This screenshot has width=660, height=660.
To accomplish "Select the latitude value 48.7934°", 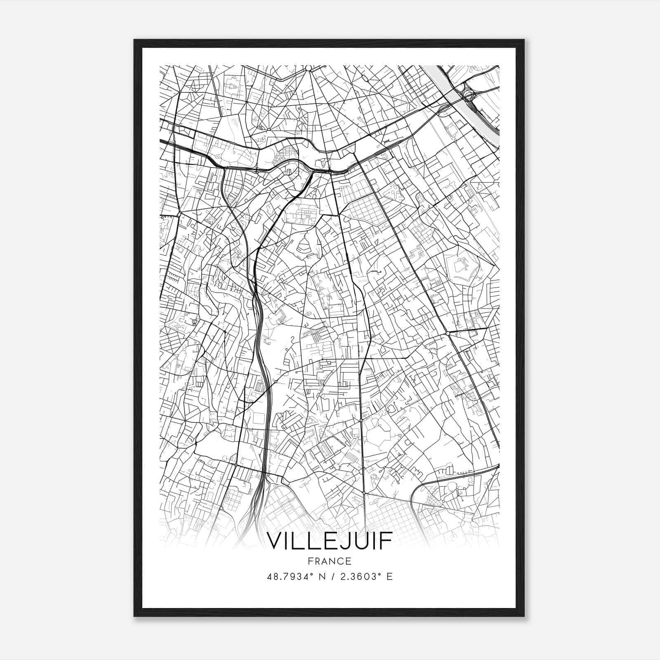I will (x=291, y=576).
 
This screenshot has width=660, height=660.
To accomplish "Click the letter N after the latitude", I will (x=323, y=576).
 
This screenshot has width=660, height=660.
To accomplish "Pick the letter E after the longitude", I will (x=389, y=576).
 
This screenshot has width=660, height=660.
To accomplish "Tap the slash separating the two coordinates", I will (x=332, y=576).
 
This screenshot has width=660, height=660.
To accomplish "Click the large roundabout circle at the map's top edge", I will (x=308, y=68).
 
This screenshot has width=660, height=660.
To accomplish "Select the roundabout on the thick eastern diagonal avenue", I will (x=448, y=333).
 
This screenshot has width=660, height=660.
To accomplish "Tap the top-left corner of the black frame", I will (x=135, y=40).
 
